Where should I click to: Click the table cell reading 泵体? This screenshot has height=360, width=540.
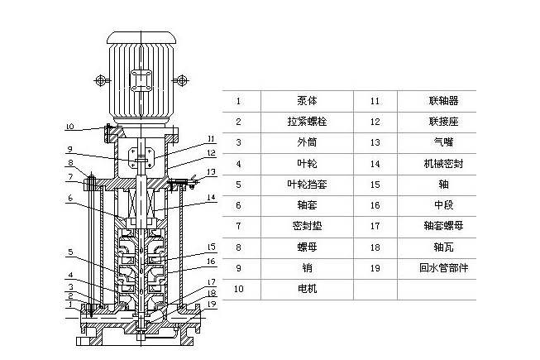click(307, 101)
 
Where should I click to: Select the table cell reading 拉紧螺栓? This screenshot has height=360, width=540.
click(307, 122)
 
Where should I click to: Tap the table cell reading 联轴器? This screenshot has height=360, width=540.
click(438, 101)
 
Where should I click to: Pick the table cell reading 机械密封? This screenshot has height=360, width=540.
click(438, 164)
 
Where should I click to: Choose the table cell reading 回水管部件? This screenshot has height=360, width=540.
click(438, 268)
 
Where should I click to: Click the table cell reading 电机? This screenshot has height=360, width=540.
click(307, 289)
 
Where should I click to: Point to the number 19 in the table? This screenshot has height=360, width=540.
click(375, 268)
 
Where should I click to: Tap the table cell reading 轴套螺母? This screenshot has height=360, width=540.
click(438, 226)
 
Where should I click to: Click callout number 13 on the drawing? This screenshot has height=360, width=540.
click(212, 171)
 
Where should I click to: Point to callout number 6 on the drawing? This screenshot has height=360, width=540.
click(71, 199)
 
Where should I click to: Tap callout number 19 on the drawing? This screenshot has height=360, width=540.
click(212, 304)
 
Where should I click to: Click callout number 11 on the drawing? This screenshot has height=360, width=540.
click(212, 138)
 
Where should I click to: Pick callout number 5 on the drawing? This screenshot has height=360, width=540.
click(71, 252)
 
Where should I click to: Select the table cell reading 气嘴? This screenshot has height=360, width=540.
click(438, 142)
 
